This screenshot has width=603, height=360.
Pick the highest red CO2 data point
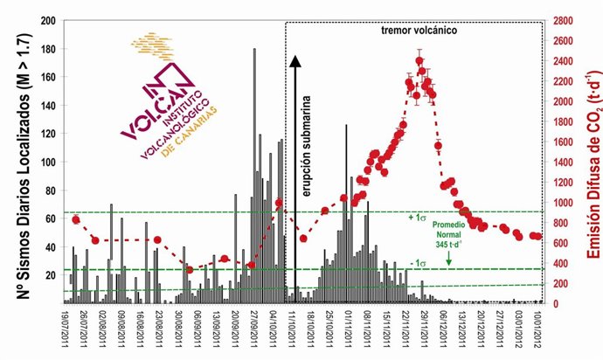point(420,61)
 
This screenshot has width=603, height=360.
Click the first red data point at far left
point(76,219)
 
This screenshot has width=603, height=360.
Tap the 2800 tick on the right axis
point(561,20)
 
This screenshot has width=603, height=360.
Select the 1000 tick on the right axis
point(561,203)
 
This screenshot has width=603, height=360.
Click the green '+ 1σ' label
point(418,217)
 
